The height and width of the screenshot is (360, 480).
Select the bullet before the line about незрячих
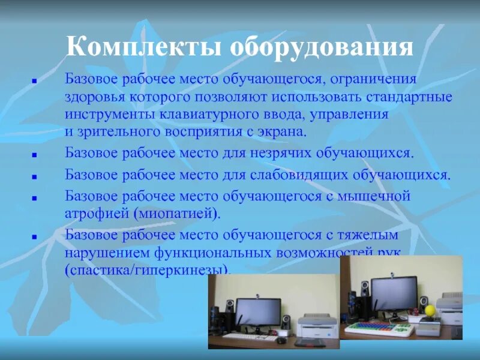[35, 154]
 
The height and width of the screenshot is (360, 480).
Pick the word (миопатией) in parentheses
[176, 212]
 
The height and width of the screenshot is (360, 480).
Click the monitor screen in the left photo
[257, 311]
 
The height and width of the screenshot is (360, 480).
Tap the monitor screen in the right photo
[393, 293]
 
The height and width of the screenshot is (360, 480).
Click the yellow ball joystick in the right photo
[430, 310]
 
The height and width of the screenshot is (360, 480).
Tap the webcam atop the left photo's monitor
[257, 296]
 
